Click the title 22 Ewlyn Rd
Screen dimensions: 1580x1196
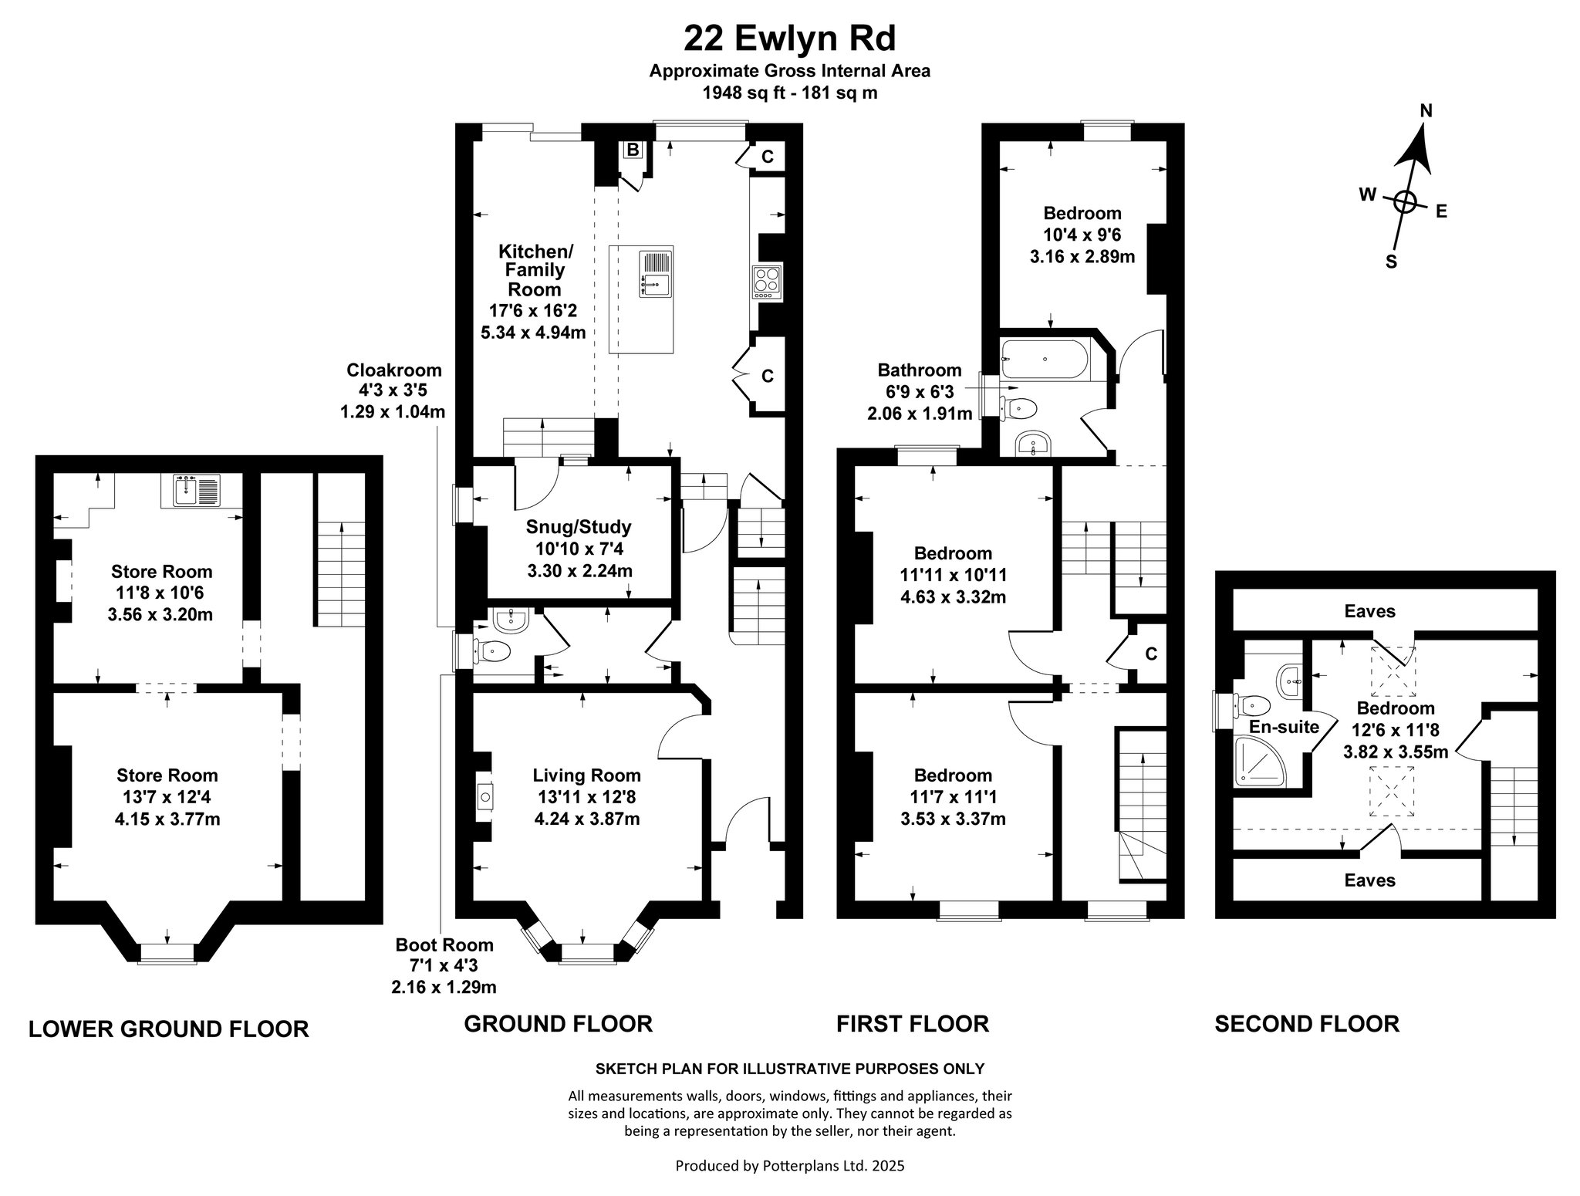tap(789, 37)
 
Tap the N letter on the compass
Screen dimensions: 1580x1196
tap(1426, 110)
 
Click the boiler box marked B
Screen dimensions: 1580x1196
tap(633, 150)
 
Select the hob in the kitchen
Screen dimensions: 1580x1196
tap(768, 282)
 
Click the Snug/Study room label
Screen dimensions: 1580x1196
tap(579, 527)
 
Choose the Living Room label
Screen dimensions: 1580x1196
tap(586, 775)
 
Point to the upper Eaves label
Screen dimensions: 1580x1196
tap(1369, 611)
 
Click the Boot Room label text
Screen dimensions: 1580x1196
tap(444, 945)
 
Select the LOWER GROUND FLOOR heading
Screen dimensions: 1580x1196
tap(169, 1029)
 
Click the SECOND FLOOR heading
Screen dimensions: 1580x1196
tap(1307, 1024)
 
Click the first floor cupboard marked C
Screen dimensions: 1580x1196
tap(1151, 654)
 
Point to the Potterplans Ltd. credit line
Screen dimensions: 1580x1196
tap(790, 1166)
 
